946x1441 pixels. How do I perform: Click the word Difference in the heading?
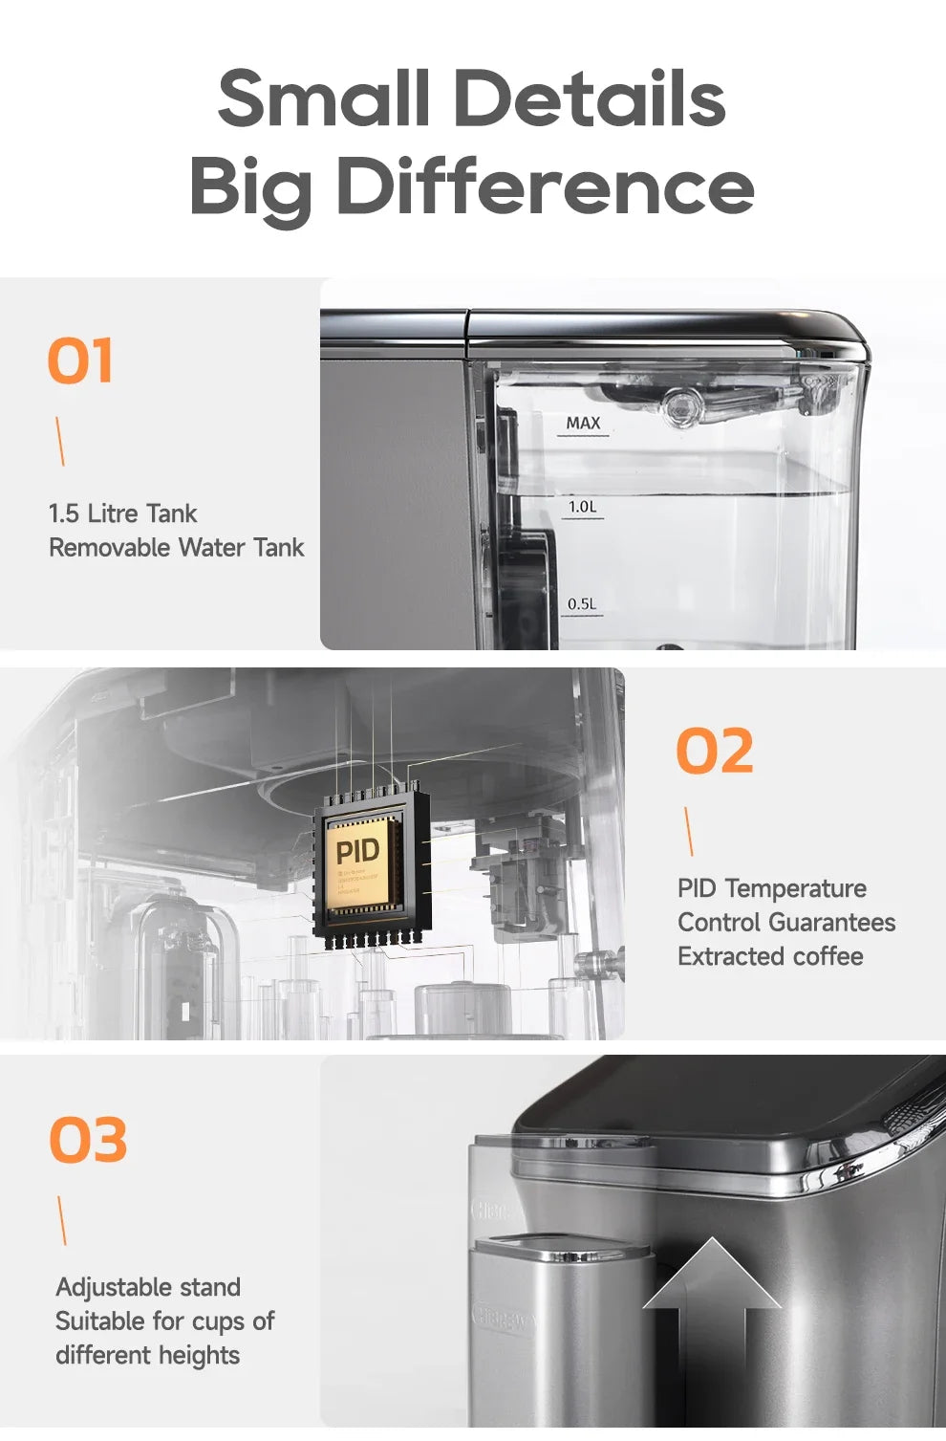[x=546, y=186]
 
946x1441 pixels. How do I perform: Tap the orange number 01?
[x=80, y=360]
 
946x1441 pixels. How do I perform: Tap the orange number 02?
[x=715, y=751]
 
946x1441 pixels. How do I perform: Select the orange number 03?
[x=88, y=1140]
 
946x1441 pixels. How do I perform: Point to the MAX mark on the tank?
[x=583, y=424]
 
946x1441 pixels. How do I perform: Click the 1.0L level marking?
[x=582, y=507]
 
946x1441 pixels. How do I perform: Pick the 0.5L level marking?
[x=581, y=604]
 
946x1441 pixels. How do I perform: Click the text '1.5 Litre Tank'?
[x=122, y=513]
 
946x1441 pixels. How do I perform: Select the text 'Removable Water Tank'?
[x=176, y=548]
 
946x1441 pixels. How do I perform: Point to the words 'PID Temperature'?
[x=771, y=888]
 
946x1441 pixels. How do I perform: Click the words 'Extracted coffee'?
[x=770, y=956]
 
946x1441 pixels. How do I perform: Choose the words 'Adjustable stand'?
[x=148, y=1287]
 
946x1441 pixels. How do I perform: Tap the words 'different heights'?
[x=147, y=1355]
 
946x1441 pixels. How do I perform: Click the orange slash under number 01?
[x=60, y=441]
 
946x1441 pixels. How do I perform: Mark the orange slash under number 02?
[x=689, y=831]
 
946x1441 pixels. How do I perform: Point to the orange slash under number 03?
[x=62, y=1220]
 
